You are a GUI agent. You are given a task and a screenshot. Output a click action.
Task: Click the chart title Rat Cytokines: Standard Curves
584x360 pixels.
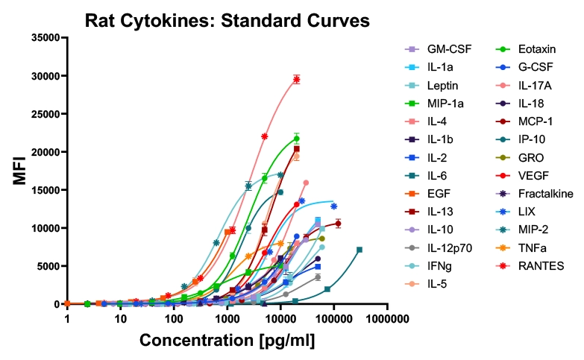[227, 20]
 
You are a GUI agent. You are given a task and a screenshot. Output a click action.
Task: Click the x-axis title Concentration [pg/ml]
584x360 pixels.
[227, 341]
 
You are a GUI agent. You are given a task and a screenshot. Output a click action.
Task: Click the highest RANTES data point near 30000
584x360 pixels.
[296, 79]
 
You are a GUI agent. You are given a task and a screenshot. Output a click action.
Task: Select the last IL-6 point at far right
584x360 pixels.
[359, 250]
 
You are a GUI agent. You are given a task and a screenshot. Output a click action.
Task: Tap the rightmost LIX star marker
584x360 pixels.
[333, 206]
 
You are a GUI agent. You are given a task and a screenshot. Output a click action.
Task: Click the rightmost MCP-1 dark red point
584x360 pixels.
[338, 223]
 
